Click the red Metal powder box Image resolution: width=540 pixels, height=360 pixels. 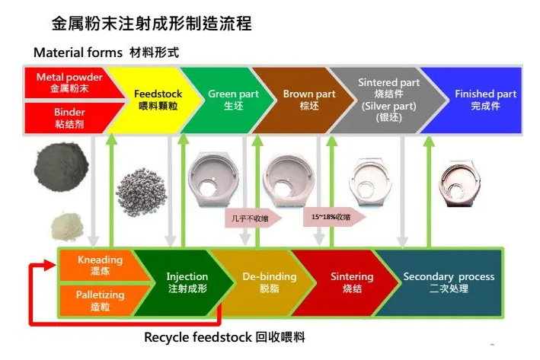pyautogui.click(x=71, y=83)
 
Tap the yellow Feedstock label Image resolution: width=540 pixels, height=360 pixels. pyautogui.click(x=158, y=100)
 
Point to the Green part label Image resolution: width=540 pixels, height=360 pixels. pyautogui.click(x=233, y=100)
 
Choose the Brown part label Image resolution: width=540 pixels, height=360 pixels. pyautogui.click(x=309, y=100)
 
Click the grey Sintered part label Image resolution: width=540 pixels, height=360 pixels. pyautogui.click(x=388, y=100)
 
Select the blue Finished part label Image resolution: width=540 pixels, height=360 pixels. pyautogui.click(x=486, y=100)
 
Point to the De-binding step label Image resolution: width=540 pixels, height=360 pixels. pyautogui.click(x=270, y=282)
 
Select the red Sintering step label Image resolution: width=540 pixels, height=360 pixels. pyautogui.click(x=352, y=282)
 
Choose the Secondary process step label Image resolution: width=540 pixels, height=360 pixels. pyautogui.click(x=449, y=282)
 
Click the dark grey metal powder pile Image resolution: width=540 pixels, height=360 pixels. pyautogui.click(x=61, y=167)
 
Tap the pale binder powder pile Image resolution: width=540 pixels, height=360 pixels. pyautogui.click(x=68, y=226)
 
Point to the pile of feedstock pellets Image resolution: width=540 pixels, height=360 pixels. pyautogui.click(x=142, y=192)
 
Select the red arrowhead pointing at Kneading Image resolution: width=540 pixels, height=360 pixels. pyautogui.click(x=50, y=265)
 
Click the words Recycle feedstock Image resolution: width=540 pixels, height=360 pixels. pyautogui.click(x=198, y=337)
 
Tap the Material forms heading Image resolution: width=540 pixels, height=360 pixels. pyautogui.click(x=78, y=53)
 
